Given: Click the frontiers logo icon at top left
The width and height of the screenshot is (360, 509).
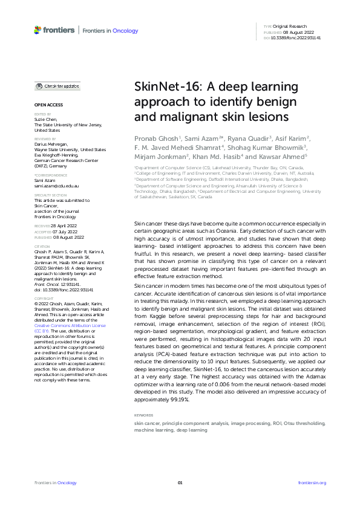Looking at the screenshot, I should (38, 30).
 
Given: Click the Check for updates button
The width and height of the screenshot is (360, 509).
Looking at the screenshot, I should (57, 87).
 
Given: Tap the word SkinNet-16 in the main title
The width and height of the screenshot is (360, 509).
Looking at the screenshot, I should (166, 86).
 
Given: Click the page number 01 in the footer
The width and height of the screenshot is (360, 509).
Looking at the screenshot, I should (180, 482).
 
